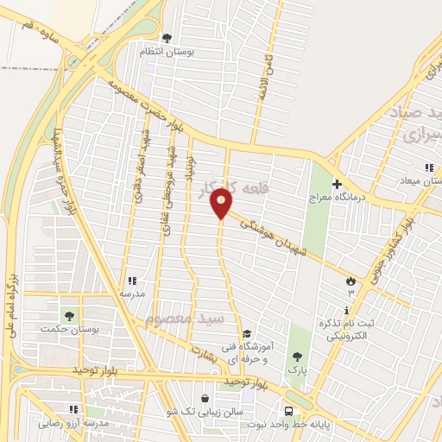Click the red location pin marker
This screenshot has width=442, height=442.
coord(222,203)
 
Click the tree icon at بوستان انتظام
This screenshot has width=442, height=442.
coord(167,37)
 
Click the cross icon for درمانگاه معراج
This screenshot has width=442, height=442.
coord(337,184)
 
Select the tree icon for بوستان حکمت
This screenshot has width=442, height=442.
coord(68,315)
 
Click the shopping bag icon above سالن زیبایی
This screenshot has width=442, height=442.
coord(204,399)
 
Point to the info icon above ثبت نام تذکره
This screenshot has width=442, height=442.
coord(347,311)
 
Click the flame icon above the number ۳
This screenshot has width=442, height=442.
coord(350,281)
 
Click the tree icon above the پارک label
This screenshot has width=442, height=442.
coord(297,356)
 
